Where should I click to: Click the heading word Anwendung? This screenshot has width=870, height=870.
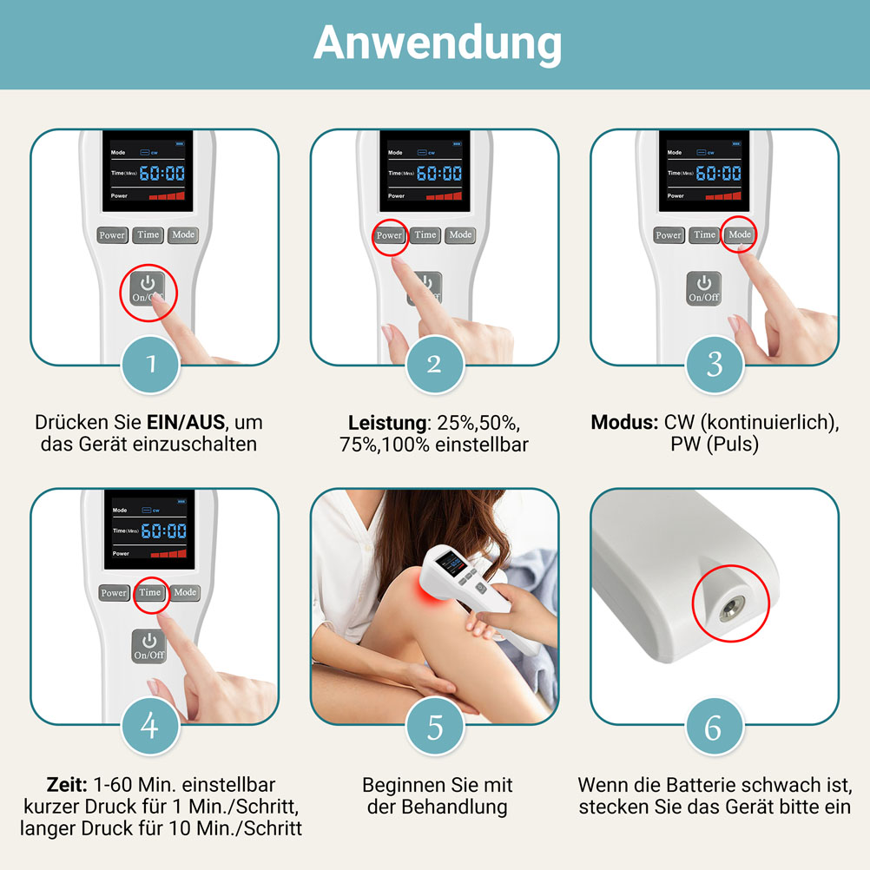(x=438, y=44)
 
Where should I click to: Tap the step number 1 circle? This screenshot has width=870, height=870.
(x=150, y=365)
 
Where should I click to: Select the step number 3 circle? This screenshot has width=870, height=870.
(x=715, y=365)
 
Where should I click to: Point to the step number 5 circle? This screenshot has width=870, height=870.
(x=435, y=726)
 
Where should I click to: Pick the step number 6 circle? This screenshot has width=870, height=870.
(x=715, y=726)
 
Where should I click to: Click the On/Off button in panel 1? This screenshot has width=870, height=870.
(x=148, y=288)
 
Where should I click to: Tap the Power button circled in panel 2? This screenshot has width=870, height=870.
(x=389, y=235)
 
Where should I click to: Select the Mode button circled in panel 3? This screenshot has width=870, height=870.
(x=740, y=234)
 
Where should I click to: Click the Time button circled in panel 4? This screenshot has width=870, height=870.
(x=150, y=592)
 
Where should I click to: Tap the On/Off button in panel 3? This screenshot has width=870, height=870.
(x=704, y=288)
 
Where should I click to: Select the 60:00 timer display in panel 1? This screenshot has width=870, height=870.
(x=162, y=173)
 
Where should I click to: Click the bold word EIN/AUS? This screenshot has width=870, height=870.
(x=186, y=423)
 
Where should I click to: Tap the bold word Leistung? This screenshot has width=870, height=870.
(x=387, y=424)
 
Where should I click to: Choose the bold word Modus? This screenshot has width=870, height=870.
(x=624, y=423)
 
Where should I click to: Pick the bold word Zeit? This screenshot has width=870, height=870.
(x=67, y=785)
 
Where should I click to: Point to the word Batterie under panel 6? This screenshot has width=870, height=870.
(x=700, y=785)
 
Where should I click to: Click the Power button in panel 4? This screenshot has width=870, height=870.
(x=114, y=593)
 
